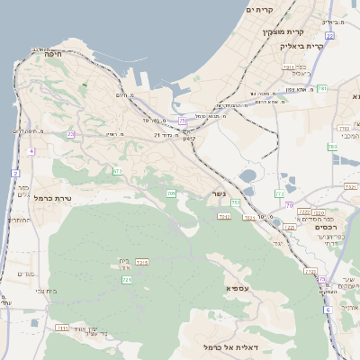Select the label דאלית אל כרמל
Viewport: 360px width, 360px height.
223,346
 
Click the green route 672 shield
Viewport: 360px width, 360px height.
117,171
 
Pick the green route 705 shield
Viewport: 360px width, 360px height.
171,193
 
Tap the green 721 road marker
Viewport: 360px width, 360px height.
127,281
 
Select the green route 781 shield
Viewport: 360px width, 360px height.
321,87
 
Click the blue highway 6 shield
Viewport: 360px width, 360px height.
328,310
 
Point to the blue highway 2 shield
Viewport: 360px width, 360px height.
15,172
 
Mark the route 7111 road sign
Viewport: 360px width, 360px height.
62,328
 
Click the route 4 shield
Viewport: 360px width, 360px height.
31,152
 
